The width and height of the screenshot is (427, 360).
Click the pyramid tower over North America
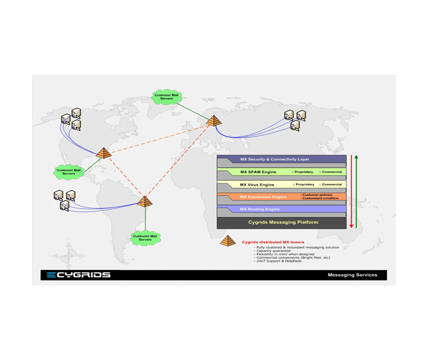coord(105,153)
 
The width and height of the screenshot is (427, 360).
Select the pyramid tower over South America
coord(144,201)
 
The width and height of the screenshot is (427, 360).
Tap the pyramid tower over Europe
coord(212,121)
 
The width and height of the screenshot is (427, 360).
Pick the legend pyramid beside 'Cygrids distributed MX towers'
coord(228,241)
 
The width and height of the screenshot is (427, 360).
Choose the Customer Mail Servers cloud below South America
coord(146,237)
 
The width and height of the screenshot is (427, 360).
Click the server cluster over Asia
coord(295,120)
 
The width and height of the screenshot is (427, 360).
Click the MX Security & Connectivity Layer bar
coord(281,159)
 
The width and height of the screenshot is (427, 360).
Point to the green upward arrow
coord(356,191)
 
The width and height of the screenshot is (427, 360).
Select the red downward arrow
coord(351,191)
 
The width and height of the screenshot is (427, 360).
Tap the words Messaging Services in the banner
coord(352,275)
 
